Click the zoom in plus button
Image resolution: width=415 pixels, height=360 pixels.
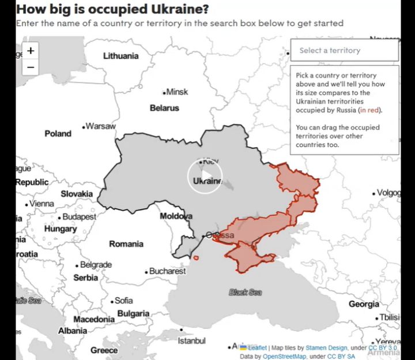pos(31,50)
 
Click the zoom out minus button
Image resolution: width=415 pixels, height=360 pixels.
pos(31,67)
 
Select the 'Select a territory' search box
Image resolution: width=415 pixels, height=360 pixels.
pos(344,50)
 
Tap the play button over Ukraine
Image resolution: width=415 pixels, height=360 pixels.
pos(205,176)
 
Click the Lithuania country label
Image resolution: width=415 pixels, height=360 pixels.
pos(121,56)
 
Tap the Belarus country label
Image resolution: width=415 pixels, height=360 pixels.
pos(164,108)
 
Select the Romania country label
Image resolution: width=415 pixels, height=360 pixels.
pos(126,244)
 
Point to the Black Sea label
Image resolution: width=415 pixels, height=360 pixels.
pos(246,292)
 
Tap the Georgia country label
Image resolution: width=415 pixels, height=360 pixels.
pos(364,304)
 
